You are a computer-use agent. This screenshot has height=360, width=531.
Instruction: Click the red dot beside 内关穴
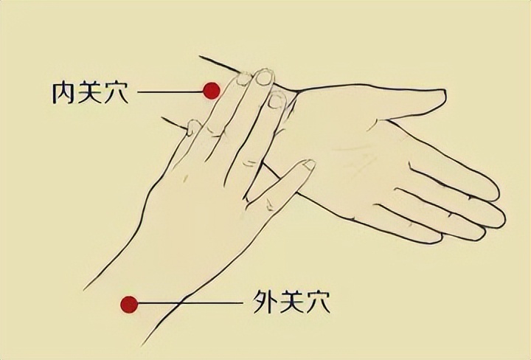pyautogui.click(x=212, y=91)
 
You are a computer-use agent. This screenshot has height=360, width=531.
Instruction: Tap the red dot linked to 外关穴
pyautogui.click(x=129, y=304)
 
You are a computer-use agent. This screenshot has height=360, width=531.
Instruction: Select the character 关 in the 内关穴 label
pyautogui.click(x=89, y=92)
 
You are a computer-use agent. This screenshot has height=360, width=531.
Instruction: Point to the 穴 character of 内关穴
pyautogui.click(x=117, y=92)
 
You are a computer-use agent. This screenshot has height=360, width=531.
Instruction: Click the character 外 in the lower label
pyautogui.click(x=264, y=302)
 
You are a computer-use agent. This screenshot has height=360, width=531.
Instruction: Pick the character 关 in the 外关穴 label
pyautogui.click(x=291, y=302)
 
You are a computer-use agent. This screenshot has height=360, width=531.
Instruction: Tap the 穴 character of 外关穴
pyautogui.click(x=318, y=302)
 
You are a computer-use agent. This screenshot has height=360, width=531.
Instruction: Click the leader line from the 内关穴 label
pyautogui.click(x=170, y=91)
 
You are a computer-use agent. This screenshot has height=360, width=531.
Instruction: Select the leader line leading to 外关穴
pyautogui.click(x=191, y=302)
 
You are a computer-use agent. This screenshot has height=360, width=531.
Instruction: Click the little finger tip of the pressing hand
pyautogui.click(x=193, y=126)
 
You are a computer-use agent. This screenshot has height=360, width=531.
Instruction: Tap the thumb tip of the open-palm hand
pyautogui.click(x=444, y=95)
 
